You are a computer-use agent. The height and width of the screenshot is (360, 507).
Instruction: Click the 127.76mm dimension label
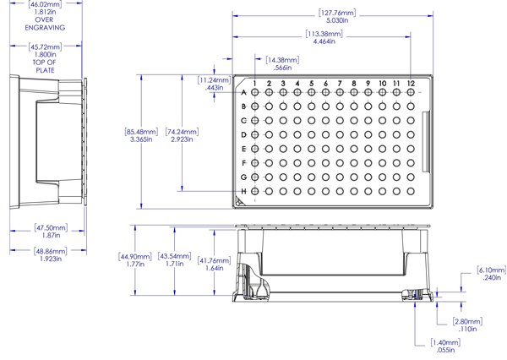(337, 13)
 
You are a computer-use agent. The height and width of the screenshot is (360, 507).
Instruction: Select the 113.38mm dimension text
(324, 34)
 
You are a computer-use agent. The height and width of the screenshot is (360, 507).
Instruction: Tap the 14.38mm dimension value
(282, 60)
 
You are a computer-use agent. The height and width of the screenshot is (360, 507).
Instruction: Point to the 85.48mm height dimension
(141, 132)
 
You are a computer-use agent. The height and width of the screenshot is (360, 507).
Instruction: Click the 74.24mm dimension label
(182, 132)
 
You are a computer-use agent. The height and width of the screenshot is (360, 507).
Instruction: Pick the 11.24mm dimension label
(215, 80)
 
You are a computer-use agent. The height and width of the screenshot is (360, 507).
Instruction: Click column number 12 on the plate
(411, 84)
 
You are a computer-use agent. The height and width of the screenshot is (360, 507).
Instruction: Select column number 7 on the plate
(340, 84)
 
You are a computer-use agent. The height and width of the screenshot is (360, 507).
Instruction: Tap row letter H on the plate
(244, 192)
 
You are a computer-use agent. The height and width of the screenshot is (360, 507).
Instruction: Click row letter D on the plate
(244, 134)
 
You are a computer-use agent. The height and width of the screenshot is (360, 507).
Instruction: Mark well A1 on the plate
(255, 92)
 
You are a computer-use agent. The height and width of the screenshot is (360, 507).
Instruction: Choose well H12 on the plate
(411, 192)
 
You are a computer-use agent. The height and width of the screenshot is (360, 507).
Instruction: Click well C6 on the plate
(325, 121)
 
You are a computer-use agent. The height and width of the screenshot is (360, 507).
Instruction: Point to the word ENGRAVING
(45, 28)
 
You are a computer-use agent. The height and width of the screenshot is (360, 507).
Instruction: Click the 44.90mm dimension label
(135, 257)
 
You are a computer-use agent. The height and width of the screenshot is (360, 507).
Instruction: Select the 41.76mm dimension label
(215, 260)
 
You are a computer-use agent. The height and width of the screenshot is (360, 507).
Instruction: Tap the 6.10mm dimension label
(492, 270)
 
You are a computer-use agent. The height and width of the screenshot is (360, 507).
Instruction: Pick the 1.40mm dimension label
(445, 342)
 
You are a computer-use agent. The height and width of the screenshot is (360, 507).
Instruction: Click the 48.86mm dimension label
(51, 251)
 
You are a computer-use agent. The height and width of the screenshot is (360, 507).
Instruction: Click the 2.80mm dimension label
(467, 321)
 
